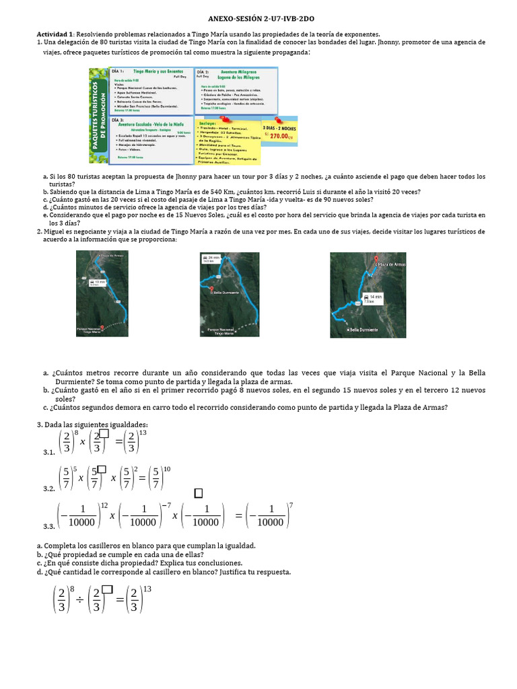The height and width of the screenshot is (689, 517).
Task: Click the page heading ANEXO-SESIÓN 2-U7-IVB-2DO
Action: (258, 21)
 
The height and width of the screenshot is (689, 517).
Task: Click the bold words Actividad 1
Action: (55, 34)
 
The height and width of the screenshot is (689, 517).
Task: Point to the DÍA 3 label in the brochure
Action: (117, 119)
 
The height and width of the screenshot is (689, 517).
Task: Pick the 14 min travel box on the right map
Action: (373, 298)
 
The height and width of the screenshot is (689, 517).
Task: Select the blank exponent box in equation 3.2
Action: (101, 469)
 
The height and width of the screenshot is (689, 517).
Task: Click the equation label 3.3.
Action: (48, 527)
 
